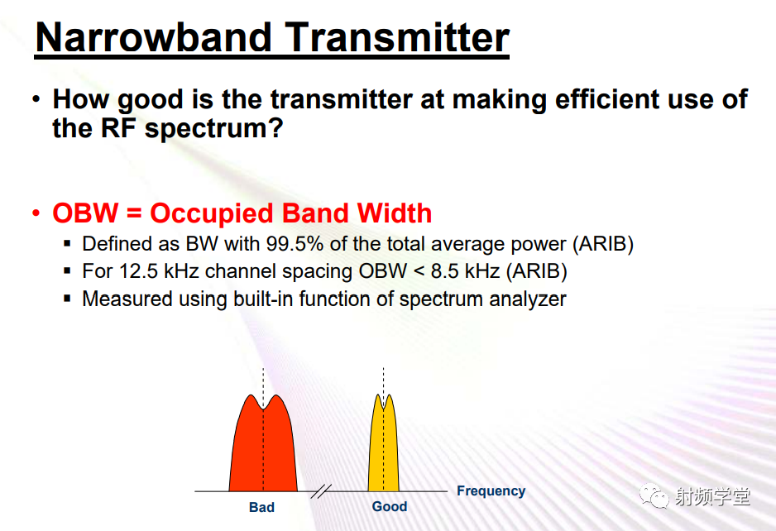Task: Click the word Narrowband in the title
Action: pos(153,37)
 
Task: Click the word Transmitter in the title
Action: pos(397,37)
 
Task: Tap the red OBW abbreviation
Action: pos(85,213)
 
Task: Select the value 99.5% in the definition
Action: pos(295,244)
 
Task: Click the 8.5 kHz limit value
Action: pos(465,271)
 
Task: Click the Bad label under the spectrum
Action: pos(261,507)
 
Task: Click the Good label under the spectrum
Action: pos(390,506)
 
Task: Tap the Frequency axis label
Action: pos(491,491)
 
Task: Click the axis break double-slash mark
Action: pos(321,491)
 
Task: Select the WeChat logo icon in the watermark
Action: pos(654,495)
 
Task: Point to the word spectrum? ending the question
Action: pos(213,130)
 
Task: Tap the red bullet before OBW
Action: pos(36,213)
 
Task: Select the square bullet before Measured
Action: pos(68,299)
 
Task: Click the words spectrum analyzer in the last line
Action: pos(482,299)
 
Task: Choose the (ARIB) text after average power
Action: pos(603,244)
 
